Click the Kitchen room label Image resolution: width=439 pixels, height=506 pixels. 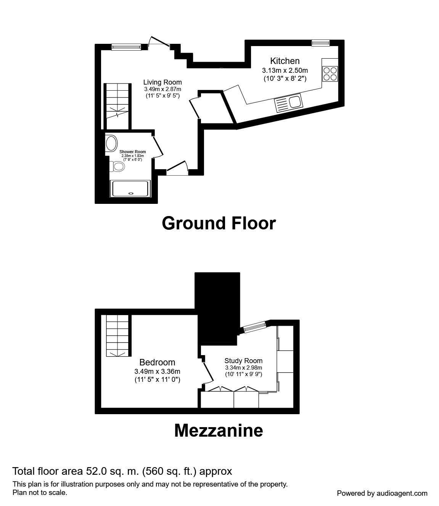point(285,61)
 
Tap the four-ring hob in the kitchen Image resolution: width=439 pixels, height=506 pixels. point(330,74)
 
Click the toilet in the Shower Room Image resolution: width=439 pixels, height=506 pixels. point(117,167)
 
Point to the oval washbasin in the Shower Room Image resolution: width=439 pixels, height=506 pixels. point(111,143)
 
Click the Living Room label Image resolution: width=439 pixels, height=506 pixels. point(162,82)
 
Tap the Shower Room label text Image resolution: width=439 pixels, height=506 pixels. point(133,152)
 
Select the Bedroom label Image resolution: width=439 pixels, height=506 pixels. point(158,362)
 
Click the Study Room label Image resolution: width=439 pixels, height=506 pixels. point(243,360)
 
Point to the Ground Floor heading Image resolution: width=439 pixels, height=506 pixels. point(219,223)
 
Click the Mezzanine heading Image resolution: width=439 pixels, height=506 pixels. point(219,431)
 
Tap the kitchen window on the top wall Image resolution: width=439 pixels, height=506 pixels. point(320,43)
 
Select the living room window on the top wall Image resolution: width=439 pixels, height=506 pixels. point(126,47)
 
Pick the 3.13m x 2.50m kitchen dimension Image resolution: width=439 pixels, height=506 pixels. point(285,70)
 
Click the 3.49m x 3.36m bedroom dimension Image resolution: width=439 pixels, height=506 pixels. point(158,371)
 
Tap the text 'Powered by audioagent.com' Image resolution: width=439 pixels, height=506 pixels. point(382,493)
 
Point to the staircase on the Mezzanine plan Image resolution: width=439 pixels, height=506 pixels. point(117,335)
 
